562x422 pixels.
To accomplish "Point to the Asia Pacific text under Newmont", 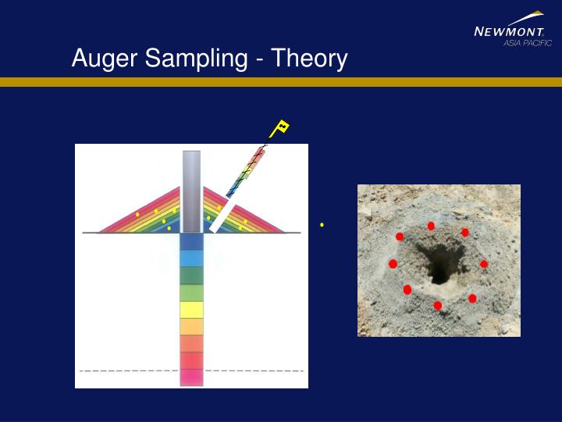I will [x=527, y=43].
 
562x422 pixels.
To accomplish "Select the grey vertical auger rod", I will [x=191, y=191].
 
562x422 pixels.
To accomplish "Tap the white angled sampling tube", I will [x=222, y=215].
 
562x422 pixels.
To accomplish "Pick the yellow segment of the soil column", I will [x=191, y=309].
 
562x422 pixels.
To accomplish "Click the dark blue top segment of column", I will [x=191, y=241].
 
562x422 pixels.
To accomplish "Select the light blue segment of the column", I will [x=191, y=259].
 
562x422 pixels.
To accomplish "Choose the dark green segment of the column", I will [x=191, y=275].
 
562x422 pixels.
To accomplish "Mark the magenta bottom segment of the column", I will [x=191, y=377].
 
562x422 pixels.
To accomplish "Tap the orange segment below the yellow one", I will [x=191, y=326].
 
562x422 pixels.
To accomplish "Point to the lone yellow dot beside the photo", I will [x=322, y=225].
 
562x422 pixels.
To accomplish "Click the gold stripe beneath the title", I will [x=281, y=81].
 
